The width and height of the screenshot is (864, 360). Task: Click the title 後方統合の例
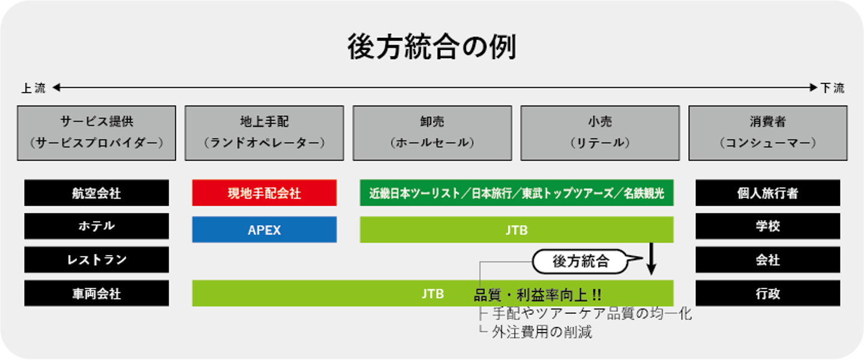(431, 47)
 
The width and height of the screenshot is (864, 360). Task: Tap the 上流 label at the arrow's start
(34, 88)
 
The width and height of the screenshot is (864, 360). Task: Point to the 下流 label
(832, 88)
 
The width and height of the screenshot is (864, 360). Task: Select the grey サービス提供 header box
(97, 133)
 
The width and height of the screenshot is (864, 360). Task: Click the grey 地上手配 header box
(264, 133)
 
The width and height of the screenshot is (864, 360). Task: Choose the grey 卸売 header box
(433, 133)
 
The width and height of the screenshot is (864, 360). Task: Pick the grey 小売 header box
(600, 133)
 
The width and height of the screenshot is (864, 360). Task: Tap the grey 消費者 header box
(768, 133)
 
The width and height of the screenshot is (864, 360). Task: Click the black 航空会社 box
(97, 193)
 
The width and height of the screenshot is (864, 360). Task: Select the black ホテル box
(97, 226)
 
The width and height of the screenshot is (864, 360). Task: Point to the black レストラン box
(97, 260)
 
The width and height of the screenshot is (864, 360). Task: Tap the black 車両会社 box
(97, 293)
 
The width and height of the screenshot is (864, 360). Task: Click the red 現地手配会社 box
(264, 193)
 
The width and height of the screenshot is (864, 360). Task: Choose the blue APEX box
(264, 230)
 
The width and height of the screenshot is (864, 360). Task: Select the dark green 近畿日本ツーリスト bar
(517, 193)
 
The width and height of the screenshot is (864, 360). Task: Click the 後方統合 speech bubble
(581, 262)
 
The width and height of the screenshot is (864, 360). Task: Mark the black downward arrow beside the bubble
(652, 259)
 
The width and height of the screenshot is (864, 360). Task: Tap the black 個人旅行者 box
(768, 193)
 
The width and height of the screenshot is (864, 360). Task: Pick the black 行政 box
(768, 293)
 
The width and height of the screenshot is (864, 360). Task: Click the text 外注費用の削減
(542, 332)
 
